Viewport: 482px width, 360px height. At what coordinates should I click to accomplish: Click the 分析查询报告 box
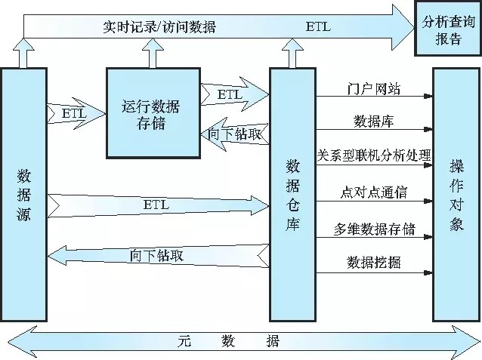tap(448, 29)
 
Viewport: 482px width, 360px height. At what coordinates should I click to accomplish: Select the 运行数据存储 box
tap(154, 112)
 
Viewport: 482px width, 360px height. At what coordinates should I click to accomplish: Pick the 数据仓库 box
tap(293, 194)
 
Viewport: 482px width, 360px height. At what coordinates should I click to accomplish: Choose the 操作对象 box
tap(456, 194)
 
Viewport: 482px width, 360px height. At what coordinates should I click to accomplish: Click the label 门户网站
tap(369, 89)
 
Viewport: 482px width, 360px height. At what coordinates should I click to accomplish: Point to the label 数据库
tap(372, 121)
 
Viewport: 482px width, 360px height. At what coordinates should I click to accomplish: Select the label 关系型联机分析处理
tap(374, 155)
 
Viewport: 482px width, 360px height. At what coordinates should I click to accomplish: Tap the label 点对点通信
tap(372, 192)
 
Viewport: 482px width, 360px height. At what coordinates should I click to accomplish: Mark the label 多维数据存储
tap(374, 229)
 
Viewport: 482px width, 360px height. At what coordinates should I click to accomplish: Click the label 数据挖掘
tap(373, 263)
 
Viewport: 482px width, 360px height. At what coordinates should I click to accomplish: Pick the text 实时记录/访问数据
tap(159, 27)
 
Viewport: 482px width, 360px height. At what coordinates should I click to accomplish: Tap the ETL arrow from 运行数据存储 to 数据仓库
tap(235, 94)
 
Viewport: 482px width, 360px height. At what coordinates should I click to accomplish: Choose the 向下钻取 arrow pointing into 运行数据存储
tap(235, 134)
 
